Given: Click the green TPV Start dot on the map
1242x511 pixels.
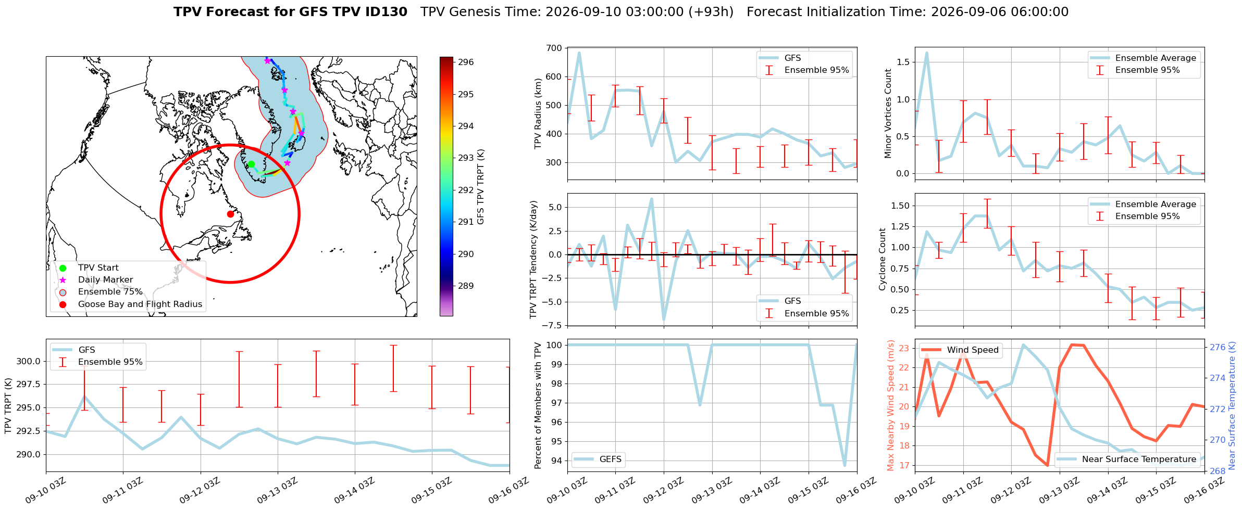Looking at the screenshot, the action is click(x=251, y=164).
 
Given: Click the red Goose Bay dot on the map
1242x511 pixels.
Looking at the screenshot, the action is click(x=230, y=214).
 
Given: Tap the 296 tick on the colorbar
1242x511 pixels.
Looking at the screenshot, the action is click(x=466, y=62).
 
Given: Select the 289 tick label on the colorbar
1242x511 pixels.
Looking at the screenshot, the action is click(x=466, y=286).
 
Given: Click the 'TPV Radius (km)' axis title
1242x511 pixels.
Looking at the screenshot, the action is click(x=538, y=113).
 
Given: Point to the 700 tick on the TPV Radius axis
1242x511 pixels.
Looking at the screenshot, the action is click(x=554, y=48).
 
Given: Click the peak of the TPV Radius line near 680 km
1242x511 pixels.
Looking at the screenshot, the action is click(x=579, y=53).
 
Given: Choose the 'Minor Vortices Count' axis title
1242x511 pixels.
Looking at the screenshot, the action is click(x=888, y=113).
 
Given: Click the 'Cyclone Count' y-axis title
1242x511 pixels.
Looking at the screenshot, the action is click(x=883, y=259).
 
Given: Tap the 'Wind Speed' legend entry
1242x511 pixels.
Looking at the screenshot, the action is click(x=973, y=350).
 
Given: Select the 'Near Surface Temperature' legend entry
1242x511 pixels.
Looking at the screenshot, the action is click(x=1139, y=459).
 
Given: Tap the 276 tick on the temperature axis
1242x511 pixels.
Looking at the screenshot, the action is click(x=1218, y=347).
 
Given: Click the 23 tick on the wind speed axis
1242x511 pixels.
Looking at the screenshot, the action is click(x=904, y=348).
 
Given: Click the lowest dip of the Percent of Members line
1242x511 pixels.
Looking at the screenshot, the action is click(x=844, y=465).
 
